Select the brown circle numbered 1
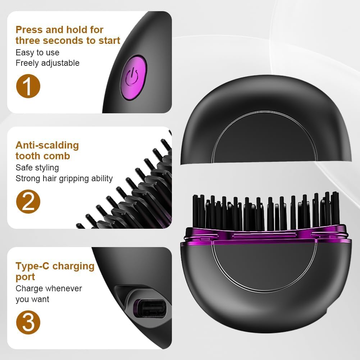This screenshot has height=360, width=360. (x=28, y=86)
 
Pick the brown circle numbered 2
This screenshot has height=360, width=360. (x=28, y=202)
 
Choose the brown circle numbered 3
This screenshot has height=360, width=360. (x=28, y=322)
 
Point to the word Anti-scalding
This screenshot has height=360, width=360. (x=47, y=145)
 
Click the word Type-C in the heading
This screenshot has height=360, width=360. (x=32, y=266)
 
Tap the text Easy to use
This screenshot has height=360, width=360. (x=37, y=53)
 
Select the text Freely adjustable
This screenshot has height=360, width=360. (x=47, y=63)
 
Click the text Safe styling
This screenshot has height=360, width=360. (x=37, y=168)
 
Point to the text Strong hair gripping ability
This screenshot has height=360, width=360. (x=64, y=178)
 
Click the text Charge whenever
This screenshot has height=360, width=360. (x=49, y=288)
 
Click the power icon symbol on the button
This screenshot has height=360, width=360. (x=132, y=77)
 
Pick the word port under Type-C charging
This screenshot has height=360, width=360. (x=25, y=277)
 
